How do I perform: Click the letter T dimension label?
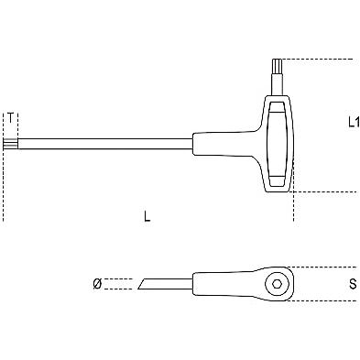click(x=10, y=117)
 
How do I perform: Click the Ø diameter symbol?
click(x=98, y=285)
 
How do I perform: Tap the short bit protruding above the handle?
click(x=277, y=70)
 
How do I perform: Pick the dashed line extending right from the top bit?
click(x=321, y=60)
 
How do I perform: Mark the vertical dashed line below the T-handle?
click(x=292, y=206)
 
